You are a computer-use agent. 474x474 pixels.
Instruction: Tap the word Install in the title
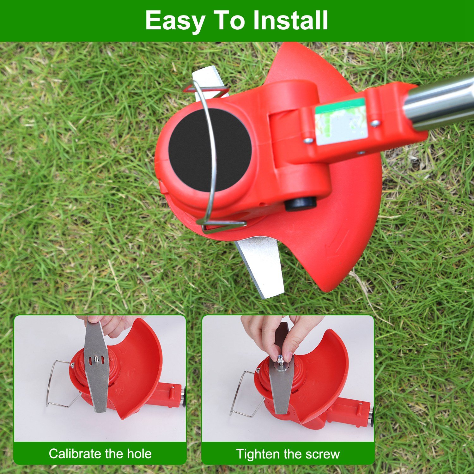pyautogui.click(x=290, y=20)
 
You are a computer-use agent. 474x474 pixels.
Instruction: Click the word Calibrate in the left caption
pyautogui.click(x=75, y=454)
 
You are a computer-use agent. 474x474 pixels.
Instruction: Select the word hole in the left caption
pyautogui.click(x=139, y=454)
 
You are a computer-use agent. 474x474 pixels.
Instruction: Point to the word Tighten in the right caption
pyautogui.click(x=258, y=454)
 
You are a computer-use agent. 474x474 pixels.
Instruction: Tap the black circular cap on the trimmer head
pyautogui.click(x=210, y=150)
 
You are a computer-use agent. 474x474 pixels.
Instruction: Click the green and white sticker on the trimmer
pyautogui.click(x=341, y=121)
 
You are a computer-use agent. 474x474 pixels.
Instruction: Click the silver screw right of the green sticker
pyautogui.click(x=375, y=123)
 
